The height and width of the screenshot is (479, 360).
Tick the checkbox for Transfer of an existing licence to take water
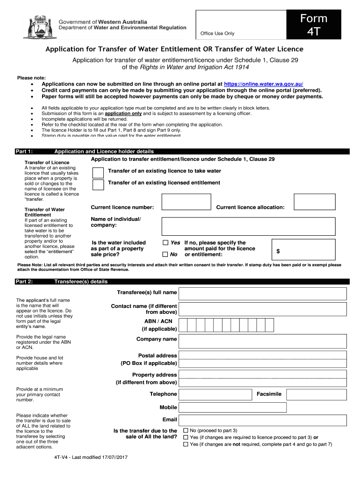[x=98, y=172]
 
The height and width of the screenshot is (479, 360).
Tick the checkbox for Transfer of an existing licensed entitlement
[x=98, y=184]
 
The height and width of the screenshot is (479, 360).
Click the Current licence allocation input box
[x=314, y=203]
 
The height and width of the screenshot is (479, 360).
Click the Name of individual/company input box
[x=248, y=226]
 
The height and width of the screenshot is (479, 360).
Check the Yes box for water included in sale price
[x=165, y=243]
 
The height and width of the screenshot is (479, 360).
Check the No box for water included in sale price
[x=165, y=254]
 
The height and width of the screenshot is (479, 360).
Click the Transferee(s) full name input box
[x=263, y=293]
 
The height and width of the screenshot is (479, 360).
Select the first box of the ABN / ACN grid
[x=183, y=325]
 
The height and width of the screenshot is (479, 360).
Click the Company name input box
[x=263, y=340]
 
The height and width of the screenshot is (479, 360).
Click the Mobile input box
[x=263, y=407]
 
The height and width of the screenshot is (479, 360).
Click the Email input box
[x=263, y=420]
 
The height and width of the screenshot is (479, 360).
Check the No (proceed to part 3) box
[x=186, y=430]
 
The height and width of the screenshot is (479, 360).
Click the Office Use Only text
[x=217, y=33]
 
